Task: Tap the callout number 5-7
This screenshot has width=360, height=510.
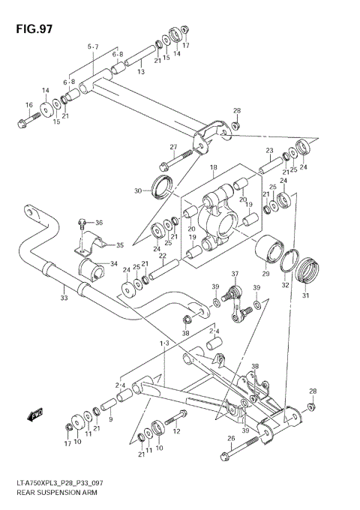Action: pos(92,46)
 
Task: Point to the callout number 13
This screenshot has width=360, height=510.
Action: pos(140,71)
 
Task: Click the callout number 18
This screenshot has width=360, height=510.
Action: pos(213,167)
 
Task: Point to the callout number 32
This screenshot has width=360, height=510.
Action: pos(284,286)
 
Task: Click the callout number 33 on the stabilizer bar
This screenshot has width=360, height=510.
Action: pos(64,298)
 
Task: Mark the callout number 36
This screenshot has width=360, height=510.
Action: pos(99,222)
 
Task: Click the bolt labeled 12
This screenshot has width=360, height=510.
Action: pos(172,418)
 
